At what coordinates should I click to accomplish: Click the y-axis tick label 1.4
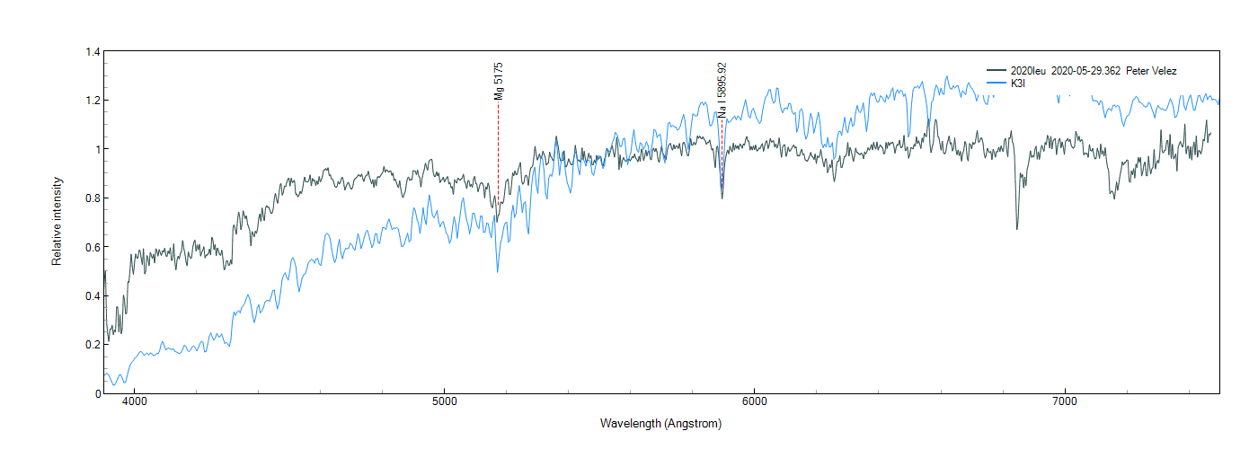click(93, 52)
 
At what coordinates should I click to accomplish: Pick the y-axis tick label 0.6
click(93, 247)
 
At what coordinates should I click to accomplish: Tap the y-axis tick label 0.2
click(93, 345)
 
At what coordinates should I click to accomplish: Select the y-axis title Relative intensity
click(57, 221)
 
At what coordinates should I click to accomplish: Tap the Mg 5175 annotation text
click(499, 82)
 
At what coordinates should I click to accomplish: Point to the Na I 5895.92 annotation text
click(722, 90)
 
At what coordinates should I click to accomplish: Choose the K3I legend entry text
click(1018, 83)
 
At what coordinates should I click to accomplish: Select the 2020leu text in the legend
click(1028, 70)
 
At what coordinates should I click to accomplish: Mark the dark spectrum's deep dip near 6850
click(1017, 227)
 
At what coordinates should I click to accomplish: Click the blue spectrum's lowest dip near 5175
click(498, 271)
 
